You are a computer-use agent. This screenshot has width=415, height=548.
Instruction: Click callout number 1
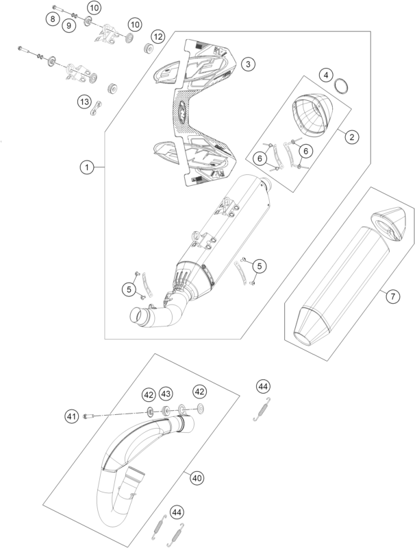pos(86,167)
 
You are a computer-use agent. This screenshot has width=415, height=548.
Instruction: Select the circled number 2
pos(351,137)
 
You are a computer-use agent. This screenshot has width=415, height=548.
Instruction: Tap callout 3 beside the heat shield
pos(249,64)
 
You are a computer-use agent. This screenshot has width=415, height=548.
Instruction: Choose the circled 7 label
pos(392,297)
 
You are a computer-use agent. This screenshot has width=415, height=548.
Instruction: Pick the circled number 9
pos(68,25)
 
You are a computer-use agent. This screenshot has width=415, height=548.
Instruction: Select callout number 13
pos(84,102)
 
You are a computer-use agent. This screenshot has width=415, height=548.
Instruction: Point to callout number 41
pos(71,416)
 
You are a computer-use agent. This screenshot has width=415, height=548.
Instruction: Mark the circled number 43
pos(166,394)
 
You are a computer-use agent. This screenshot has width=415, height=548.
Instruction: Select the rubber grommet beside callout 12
pos(145,49)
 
